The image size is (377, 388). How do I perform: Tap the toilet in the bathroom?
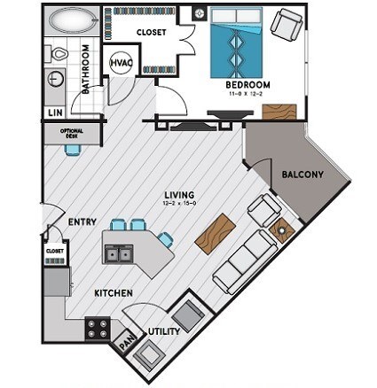59,53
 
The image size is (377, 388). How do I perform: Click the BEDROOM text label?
247,85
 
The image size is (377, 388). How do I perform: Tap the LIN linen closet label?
55,113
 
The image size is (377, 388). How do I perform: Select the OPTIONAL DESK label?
70,134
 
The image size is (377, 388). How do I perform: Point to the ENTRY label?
82,222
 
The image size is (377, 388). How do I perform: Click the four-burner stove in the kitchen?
97,330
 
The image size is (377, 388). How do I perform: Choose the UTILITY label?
165,331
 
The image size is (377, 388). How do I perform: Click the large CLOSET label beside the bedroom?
152,32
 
